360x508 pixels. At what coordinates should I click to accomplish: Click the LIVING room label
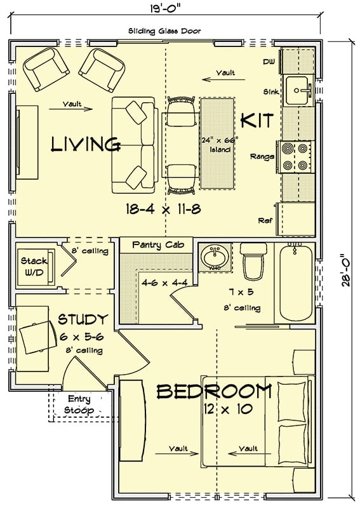pos(86,145)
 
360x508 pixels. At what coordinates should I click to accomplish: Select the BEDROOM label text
pos(214,391)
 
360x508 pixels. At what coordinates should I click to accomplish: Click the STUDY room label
pos(83,319)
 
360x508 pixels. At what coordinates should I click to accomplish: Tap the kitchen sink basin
pos(297,90)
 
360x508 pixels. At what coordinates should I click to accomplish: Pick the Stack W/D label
pos(31,266)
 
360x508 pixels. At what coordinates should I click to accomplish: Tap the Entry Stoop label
pos(80,404)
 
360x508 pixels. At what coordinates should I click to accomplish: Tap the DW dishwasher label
pos(268,62)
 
